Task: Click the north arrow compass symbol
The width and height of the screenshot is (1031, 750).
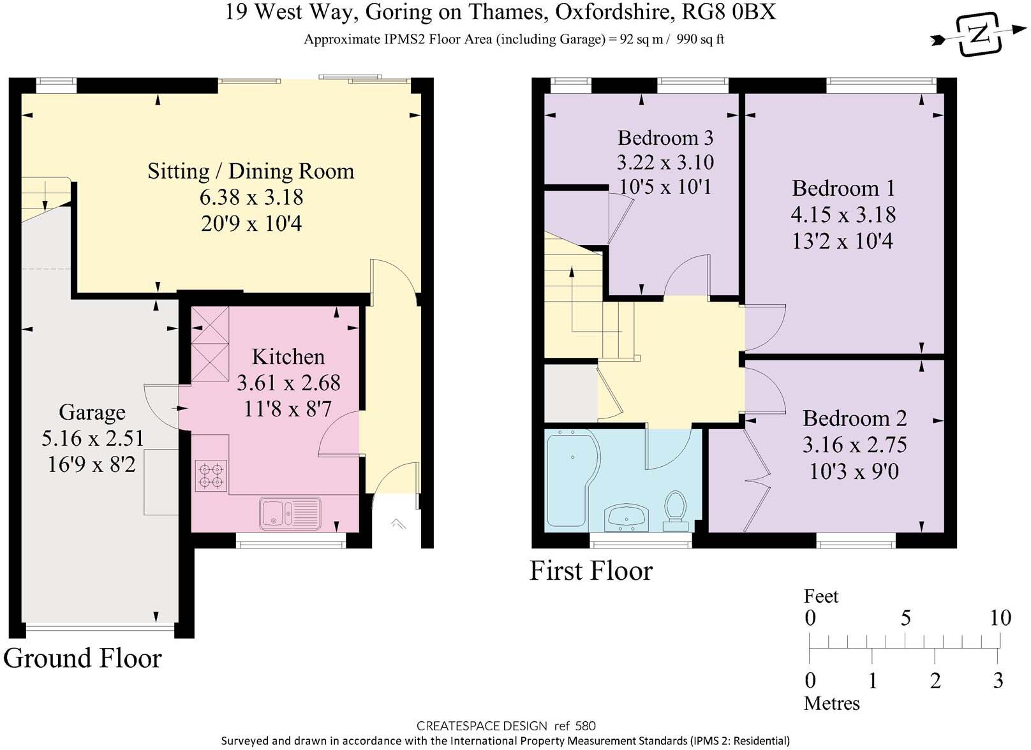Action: tap(979, 35)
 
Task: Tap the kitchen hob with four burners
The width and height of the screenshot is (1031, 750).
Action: tap(211, 476)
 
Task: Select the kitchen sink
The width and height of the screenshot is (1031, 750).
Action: tap(290, 513)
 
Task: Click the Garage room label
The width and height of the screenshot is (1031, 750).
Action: tap(92, 412)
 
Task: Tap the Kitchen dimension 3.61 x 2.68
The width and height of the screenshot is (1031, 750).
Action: tap(288, 383)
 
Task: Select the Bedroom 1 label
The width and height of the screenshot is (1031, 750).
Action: tap(843, 188)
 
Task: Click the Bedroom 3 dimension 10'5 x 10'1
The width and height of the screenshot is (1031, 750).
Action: tap(665, 186)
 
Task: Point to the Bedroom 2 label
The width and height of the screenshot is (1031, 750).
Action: tap(854, 418)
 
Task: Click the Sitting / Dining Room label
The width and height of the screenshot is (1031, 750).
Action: tap(251, 171)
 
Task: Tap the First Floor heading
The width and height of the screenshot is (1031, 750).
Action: tap(591, 570)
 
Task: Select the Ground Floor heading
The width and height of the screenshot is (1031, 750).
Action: tap(82, 658)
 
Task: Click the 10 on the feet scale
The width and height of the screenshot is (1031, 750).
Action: tap(1000, 617)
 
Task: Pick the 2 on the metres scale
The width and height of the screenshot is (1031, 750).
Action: tap(935, 680)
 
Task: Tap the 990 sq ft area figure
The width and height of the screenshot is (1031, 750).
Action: tap(700, 40)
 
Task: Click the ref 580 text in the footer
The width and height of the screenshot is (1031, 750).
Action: tap(575, 726)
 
